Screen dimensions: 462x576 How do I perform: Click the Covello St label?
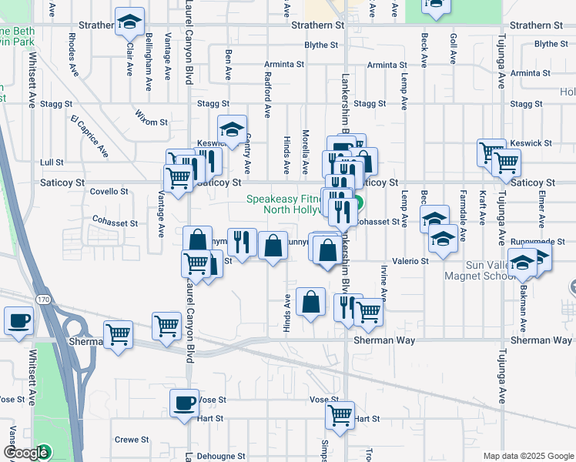(109, 191)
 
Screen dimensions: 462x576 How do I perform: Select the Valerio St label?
(413, 262)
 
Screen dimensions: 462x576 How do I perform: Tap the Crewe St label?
(132, 440)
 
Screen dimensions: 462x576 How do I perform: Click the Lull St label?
(52, 162)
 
